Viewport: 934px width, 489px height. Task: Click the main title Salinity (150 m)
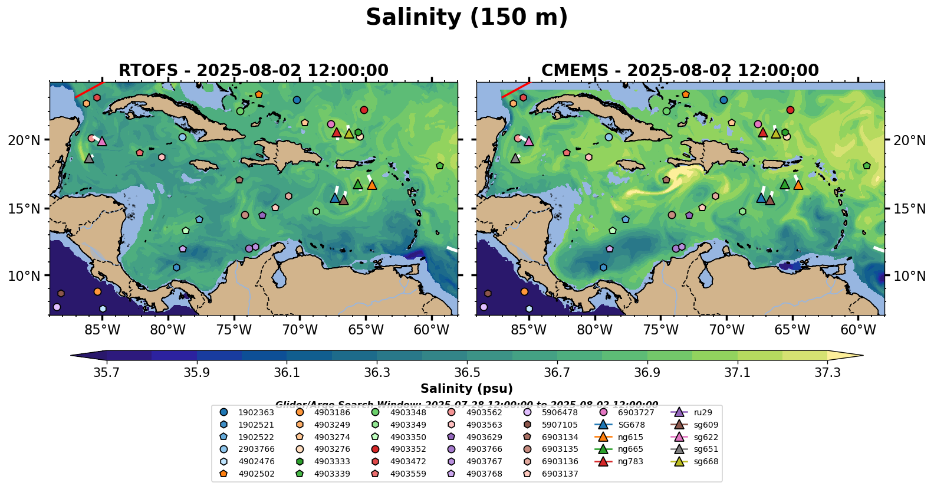(466, 18)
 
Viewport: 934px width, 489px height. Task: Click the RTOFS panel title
(254, 71)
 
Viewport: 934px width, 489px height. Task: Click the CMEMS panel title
(680, 71)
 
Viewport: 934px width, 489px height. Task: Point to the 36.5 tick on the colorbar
(467, 373)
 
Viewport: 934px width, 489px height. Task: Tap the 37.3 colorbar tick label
(827, 373)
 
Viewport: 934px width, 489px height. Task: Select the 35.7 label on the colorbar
(107, 373)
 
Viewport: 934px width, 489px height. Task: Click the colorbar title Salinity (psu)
(466, 389)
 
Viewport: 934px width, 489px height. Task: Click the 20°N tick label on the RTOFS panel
(24, 140)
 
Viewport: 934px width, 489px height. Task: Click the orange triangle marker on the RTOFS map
(371, 185)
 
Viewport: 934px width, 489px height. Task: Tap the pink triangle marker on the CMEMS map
(528, 142)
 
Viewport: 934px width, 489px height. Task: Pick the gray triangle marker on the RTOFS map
(89, 159)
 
